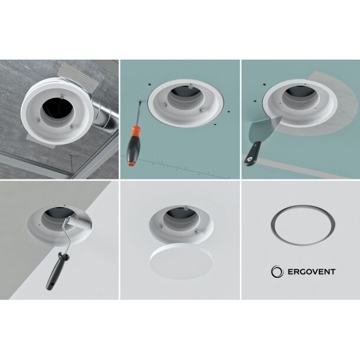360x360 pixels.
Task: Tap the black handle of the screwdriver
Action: (x=133, y=148)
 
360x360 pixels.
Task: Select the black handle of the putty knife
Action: (x=253, y=153)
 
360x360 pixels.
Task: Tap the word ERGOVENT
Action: (x=312, y=272)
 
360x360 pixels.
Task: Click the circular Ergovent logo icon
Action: (x=277, y=271)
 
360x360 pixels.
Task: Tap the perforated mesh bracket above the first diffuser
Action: (x=77, y=77)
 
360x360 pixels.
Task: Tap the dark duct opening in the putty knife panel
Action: (x=300, y=91)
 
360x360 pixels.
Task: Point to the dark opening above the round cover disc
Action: (x=181, y=213)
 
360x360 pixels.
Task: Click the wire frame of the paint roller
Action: (x=65, y=239)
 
